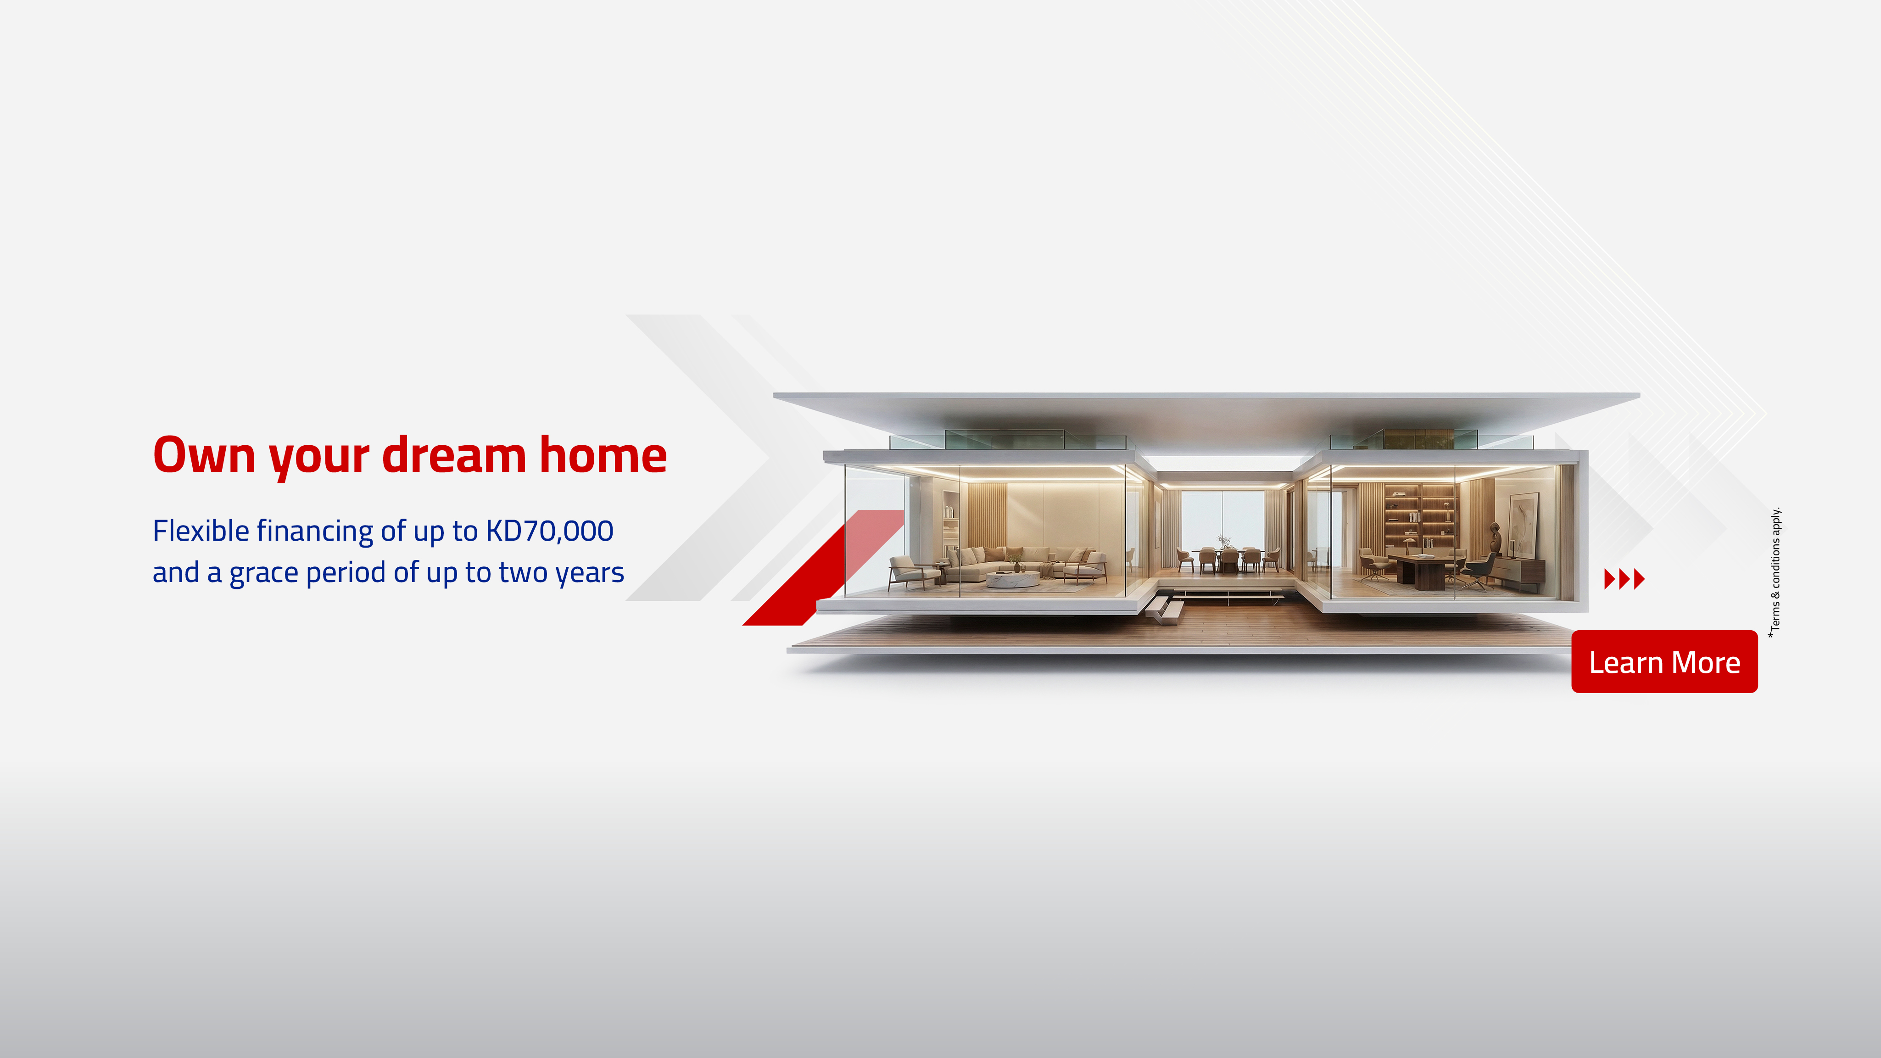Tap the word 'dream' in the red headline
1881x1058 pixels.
click(x=453, y=456)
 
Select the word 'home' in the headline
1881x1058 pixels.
click(x=603, y=456)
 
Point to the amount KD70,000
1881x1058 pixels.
click(x=549, y=531)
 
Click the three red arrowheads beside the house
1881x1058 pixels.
click(x=1624, y=579)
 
